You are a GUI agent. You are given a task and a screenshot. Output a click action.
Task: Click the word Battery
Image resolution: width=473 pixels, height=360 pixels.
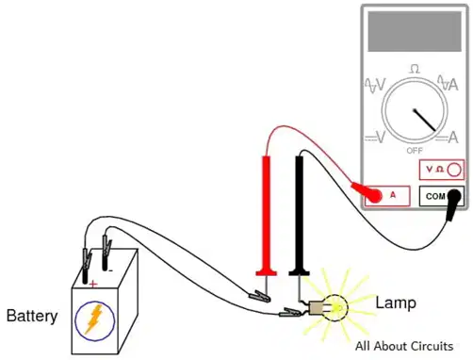click(x=32, y=317)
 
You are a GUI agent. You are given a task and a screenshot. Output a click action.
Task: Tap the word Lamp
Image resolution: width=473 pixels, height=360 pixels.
click(x=396, y=303)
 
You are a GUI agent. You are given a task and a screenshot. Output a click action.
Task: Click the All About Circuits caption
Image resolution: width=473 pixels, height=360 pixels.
click(x=404, y=346)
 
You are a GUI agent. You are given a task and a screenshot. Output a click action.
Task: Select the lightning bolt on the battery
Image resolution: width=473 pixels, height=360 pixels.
click(x=94, y=319)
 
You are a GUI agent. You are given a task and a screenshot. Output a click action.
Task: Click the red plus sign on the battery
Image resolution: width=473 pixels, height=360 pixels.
click(x=93, y=285)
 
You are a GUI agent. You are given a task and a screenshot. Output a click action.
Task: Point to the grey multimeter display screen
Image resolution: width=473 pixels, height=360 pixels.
click(x=415, y=31)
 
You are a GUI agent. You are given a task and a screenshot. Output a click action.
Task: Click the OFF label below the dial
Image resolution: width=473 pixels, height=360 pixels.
click(x=415, y=151)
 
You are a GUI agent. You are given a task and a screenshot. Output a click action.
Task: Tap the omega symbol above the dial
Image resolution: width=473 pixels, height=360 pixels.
click(x=415, y=69)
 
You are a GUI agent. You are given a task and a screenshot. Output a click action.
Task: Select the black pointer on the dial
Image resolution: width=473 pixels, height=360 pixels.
click(x=425, y=120)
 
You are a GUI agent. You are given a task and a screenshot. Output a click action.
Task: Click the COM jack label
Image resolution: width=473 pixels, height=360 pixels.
click(x=435, y=196)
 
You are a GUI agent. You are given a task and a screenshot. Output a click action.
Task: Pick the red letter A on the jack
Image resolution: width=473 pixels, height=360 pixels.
click(x=393, y=195)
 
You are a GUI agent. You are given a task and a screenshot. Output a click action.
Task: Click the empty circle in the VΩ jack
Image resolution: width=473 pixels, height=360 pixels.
click(x=454, y=170)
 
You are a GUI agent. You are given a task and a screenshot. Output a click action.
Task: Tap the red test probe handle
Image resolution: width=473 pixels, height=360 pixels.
click(x=267, y=216)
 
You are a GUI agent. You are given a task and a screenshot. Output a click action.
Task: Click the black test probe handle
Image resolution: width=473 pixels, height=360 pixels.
click(x=300, y=216)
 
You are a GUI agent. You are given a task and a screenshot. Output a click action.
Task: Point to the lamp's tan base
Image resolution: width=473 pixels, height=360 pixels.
click(x=316, y=308)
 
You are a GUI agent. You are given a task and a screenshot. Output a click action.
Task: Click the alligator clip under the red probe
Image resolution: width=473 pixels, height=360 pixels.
click(x=259, y=296)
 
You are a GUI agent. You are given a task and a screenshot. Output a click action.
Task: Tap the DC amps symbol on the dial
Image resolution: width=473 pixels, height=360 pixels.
click(x=447, y=138)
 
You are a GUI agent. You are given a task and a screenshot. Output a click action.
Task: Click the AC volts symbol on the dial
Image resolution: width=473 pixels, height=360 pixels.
click(x=375, y=85)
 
